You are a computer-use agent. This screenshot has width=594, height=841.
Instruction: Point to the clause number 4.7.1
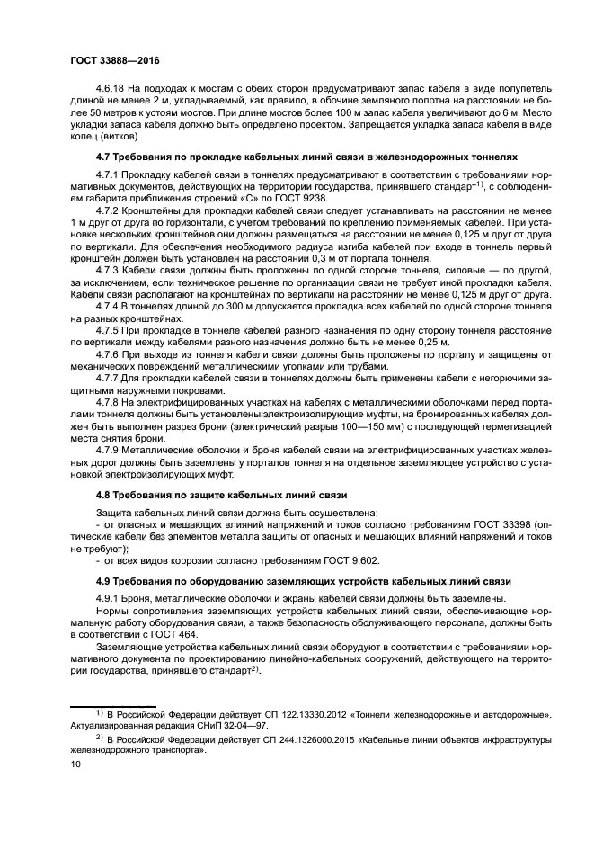click(x=110, y=173)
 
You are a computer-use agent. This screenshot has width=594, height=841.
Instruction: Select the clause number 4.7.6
click(x=110, y=355)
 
